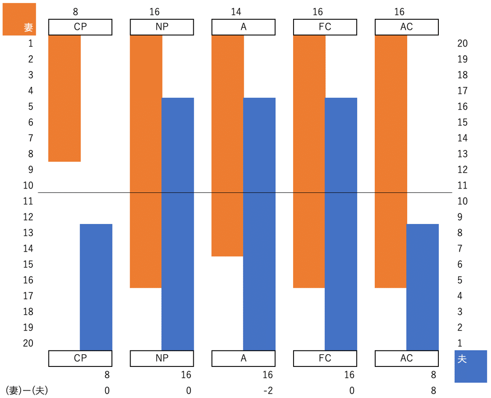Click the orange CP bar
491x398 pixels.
pyautogui.click(x=64, y=98)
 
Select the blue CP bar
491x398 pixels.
pyautogui.click(x=96, y=286)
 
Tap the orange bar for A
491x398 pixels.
pyautogui.click(x=227, y=145)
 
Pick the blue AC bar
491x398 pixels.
pyautogui.click(x=422, y=286)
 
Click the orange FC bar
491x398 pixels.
pyautogui.click(x=309, y=161)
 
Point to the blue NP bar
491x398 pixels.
pyautogui.click(x=178, y=223)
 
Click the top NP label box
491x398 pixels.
pyautogui.click(x=162, y=27)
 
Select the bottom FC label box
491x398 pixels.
pyautogui.click(x=325, y=358)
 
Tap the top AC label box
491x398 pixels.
pyautogui.click(x=406, y=27)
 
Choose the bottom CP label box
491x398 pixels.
pyautogui.click(x=80, y=358)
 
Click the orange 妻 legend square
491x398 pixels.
pyautogui.click(x=19, y=19)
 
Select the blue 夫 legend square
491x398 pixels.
pyautogui.click(x=470, y=366)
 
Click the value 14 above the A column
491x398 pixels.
pyautogui.click(x=236, y=12)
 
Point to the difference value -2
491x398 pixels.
pyautogui.click(x=267, y=390)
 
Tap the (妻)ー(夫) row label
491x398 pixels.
pyautogui.click(x=27, y=390)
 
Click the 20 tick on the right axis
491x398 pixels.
pyautogui.click(x=462, y=43)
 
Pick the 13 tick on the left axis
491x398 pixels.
pyautogui.click(x=28, y=233)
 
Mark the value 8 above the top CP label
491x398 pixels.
pyautogui.click(x=75, y=12)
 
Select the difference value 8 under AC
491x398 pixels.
pyautogui.click(x=433, y=390)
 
